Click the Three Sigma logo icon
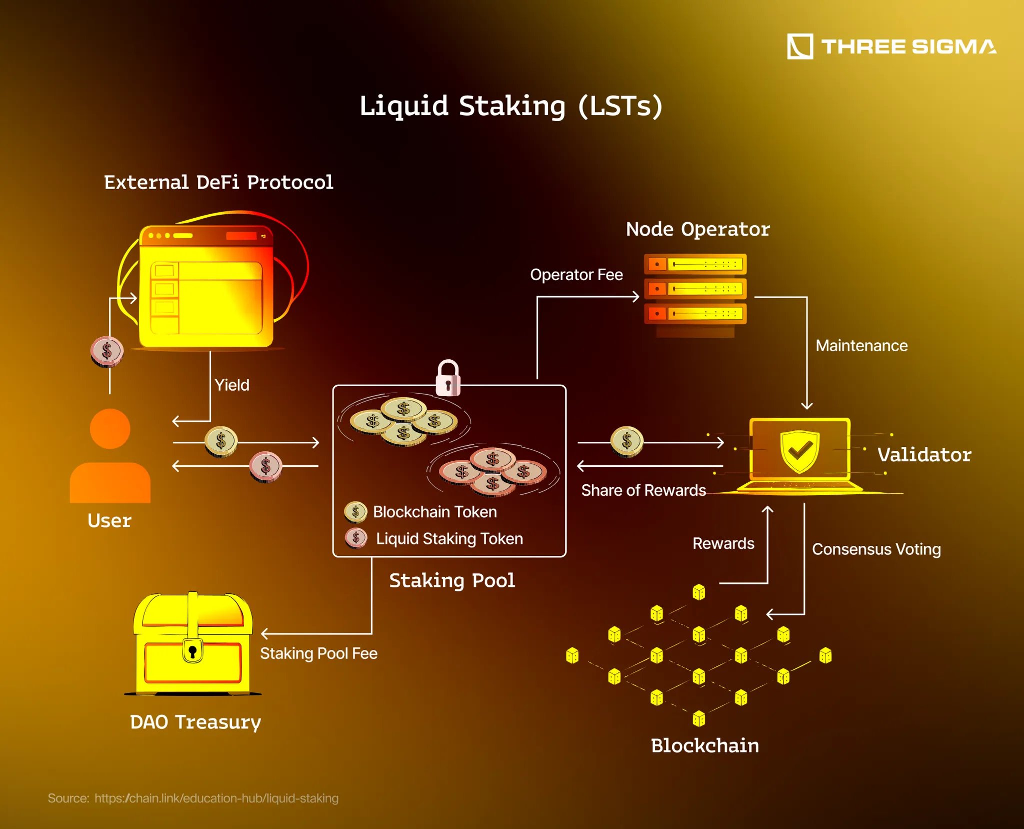[x=799, y=47]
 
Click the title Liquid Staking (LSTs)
[x=511, y=106]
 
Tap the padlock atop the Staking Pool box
[x=448, y=379]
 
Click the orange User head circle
[x=110, y=429]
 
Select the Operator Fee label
[x=576, y=275]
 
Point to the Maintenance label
[x=861, y=346]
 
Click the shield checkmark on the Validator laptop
[x=799, y=450]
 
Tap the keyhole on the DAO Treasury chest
[x=192, y=651]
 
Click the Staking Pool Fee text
[x=318, y=653]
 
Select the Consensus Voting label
[x=876, y=549]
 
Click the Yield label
[x=232, y=385]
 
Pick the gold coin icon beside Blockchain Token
[x=356, y=512]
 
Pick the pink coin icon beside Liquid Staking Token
[x=356, y=538]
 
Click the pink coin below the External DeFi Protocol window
[x=107, y=351]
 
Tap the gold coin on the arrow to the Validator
[x=627, y=442]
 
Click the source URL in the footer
[x=216, y=798]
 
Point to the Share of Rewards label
[x=643, y=490]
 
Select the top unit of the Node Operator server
[x=695, y=264]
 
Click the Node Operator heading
[x=697, y=230]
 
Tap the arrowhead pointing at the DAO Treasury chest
[x=265, y=634]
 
